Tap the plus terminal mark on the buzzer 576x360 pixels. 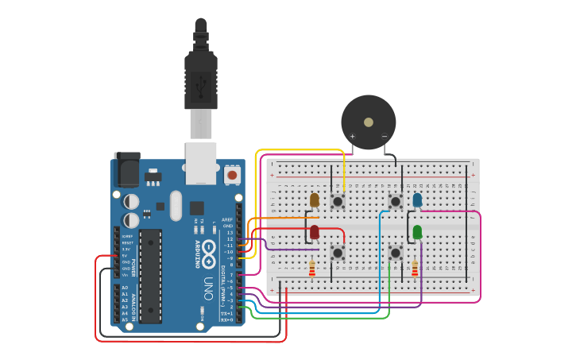[x=353, y=136]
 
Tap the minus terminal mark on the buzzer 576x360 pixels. [x=385, y=136]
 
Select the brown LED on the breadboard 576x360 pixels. [x=315, y=199]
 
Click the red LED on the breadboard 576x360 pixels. [x=315, y=231]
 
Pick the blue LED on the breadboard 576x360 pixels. [x=417, y=199]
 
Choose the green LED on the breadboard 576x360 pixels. [x=417, y=231]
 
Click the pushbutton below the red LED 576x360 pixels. [x=338, y=253]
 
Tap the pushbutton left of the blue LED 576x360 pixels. [x=395, y=202]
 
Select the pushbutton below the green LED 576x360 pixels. [x=395, y=253]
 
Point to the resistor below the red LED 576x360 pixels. [x=311, y=270]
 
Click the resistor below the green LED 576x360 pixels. [x=414, y=269]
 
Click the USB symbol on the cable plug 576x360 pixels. [x=200, y=82]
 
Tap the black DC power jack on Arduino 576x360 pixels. [x=126, y=169]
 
